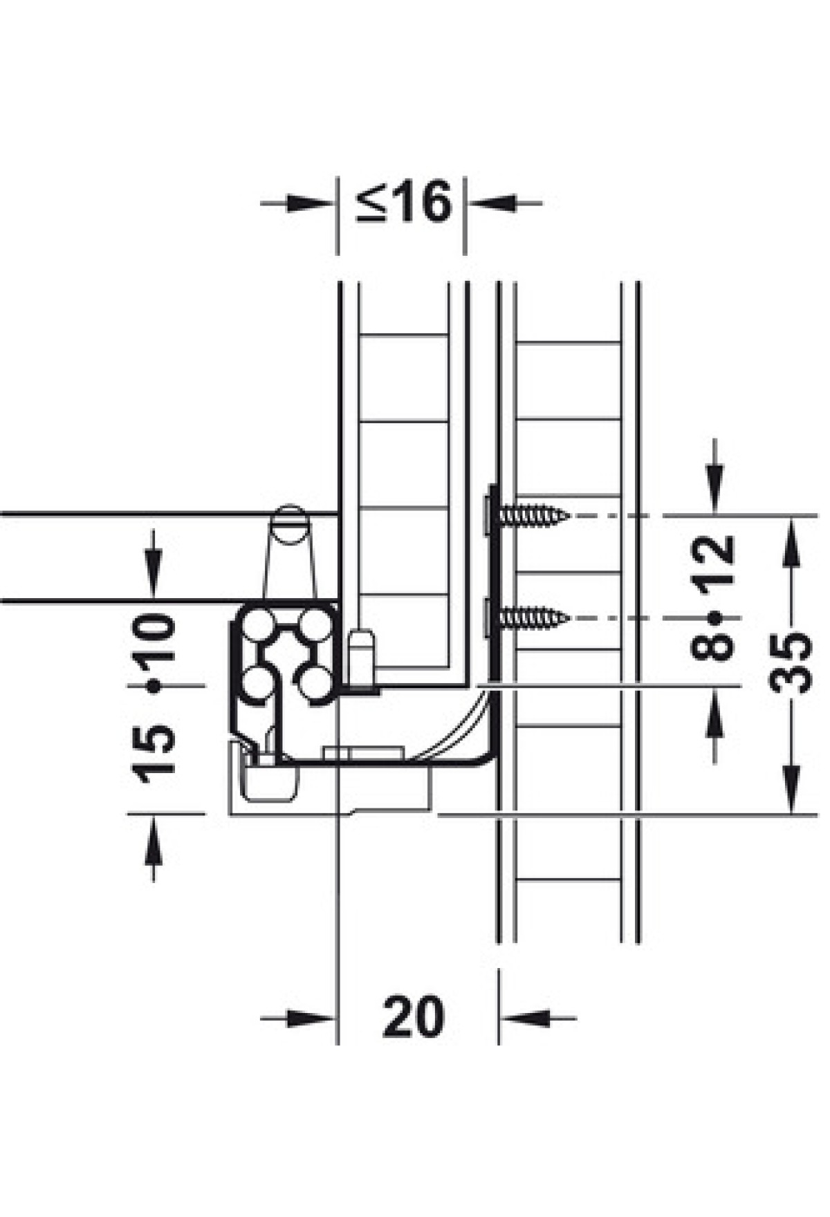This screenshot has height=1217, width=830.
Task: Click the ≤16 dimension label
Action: (403, 202)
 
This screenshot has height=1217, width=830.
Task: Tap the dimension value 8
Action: (712, 646)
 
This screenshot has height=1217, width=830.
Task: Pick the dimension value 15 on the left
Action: (154, 754)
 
